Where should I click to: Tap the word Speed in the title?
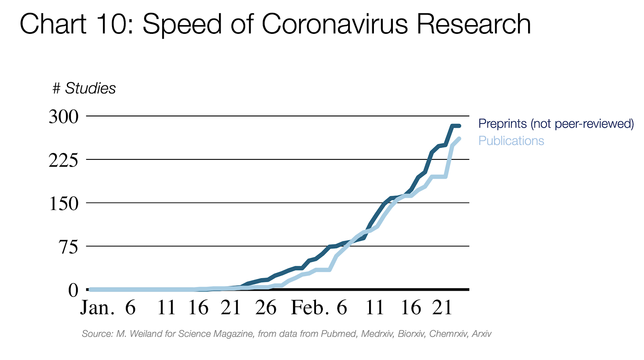point(182,24)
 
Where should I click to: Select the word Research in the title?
point(474,24)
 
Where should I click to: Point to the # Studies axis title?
point(84,88)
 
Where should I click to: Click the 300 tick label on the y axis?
point(64,117)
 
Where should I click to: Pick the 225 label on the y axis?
point(64,160)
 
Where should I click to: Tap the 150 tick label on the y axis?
point(64,203)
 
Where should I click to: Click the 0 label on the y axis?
point(73,290)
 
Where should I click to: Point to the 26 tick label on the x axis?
point(266,308)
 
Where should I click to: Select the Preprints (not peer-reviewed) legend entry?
point(556,124)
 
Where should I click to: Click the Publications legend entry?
point(511,141)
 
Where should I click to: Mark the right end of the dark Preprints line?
point(459,126)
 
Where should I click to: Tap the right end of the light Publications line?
point(459,139)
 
